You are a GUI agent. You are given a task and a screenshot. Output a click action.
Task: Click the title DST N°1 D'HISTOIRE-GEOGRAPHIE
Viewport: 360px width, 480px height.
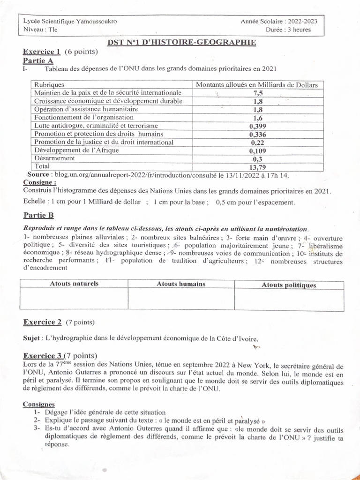coord(181,43)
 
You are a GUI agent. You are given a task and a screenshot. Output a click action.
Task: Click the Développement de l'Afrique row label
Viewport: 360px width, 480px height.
coord(77,150)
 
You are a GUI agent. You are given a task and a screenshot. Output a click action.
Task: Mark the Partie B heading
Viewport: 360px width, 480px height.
coord(38,215)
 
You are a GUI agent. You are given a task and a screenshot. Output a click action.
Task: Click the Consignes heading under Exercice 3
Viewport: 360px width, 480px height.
coord(39,404)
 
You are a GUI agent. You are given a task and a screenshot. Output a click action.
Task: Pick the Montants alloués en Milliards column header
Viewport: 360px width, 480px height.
coord(256,85)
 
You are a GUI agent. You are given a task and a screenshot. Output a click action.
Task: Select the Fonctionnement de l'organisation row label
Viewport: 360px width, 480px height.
coord(84,117)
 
